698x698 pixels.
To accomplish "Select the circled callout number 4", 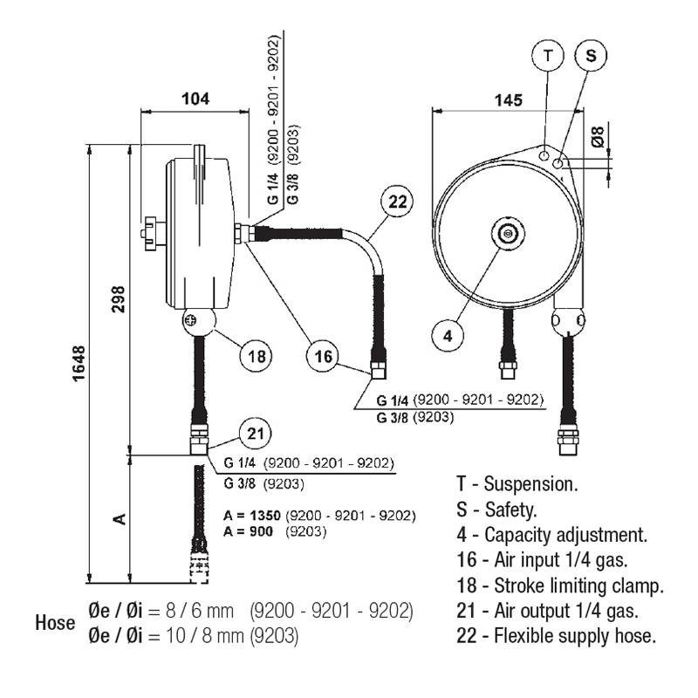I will tap(448, 335).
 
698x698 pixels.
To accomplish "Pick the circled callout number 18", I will tap(256, 356).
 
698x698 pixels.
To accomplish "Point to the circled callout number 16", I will tap(324, 356).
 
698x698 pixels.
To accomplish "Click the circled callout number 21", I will tap(255, 434).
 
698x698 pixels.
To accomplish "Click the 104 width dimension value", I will tap(195, 99).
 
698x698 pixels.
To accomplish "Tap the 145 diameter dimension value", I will tap(507, 100).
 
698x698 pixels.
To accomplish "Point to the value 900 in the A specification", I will tap(261, 530).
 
